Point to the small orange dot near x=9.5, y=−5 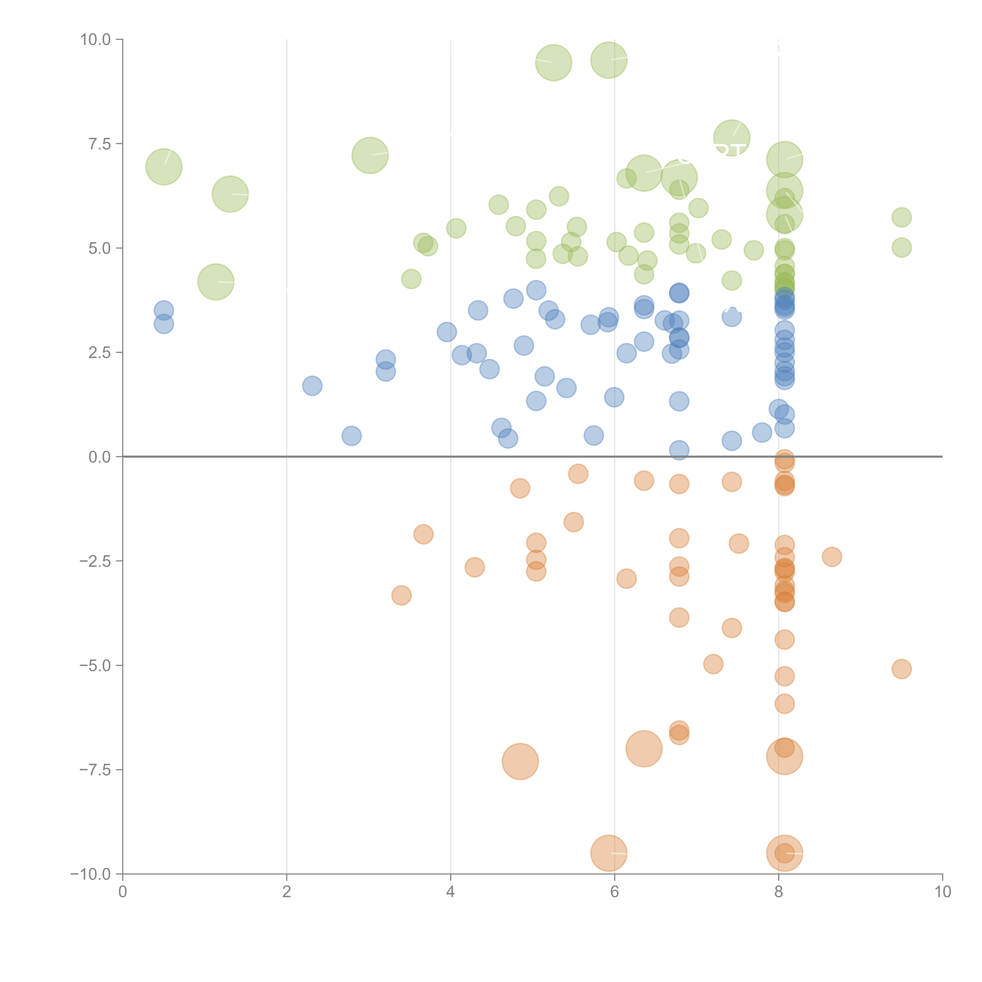click(901, 669)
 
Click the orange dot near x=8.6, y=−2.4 click(832, 557)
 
